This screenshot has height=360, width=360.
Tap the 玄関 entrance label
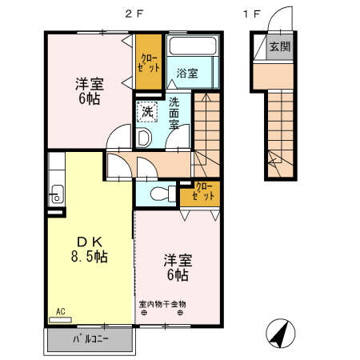point(279,47)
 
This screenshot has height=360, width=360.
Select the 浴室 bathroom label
point(187,73)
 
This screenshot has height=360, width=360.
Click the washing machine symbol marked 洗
point(147,112)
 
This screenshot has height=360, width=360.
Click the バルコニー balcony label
point(90,340)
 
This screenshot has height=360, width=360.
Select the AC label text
point(60,311)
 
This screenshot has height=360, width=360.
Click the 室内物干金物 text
point(162,304)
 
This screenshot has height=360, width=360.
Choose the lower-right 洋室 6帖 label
point(177,267)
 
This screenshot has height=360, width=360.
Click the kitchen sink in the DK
point(56,191)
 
